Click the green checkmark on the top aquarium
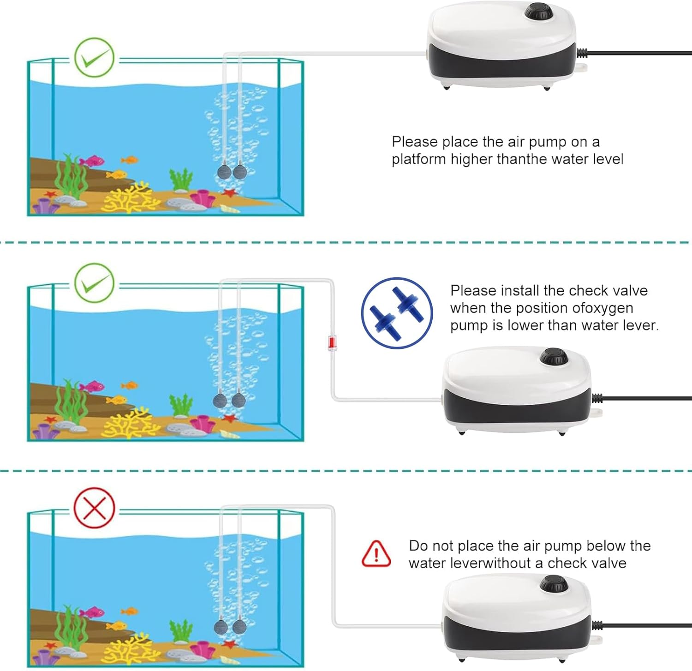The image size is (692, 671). pyautogui.click(x=94, y=57)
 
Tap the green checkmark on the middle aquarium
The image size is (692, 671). pyautogui.click(x=94, y=282)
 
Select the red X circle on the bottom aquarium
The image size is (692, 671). pyautogui.click(x=94, y=507)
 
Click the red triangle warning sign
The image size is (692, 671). pyautogui.click(x=376, y=554)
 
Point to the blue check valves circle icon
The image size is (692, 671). pyautogui.click(x=396, y=313)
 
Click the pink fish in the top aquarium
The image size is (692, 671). pyautogui.click(x=92, y=161)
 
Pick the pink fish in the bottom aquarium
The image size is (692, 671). pyautogui.click(x=92, y=612)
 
